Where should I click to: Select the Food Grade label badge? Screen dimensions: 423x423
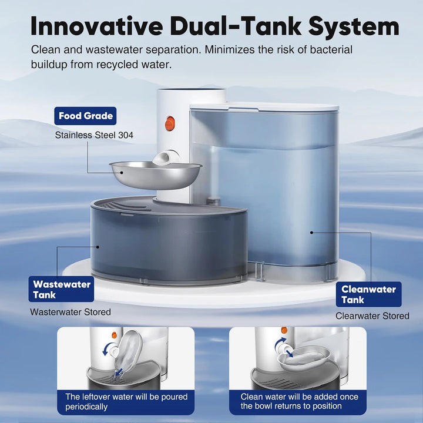85,116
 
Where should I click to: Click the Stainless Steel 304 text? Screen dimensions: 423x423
94,135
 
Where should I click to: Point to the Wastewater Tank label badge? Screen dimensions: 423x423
62,289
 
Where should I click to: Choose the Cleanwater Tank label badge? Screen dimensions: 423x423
369,294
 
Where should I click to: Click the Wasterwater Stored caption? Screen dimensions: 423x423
70,312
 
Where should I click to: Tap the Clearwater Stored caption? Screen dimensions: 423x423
372,316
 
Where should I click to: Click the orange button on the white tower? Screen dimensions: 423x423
170,123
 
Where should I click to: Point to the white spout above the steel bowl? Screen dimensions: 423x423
165,157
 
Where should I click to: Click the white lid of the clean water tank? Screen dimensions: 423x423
264,107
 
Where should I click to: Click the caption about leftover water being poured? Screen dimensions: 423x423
126,401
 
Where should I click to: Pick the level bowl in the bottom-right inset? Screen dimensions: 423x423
304,357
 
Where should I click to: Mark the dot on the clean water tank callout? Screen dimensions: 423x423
311,232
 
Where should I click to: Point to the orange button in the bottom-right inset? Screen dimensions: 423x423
284,330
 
